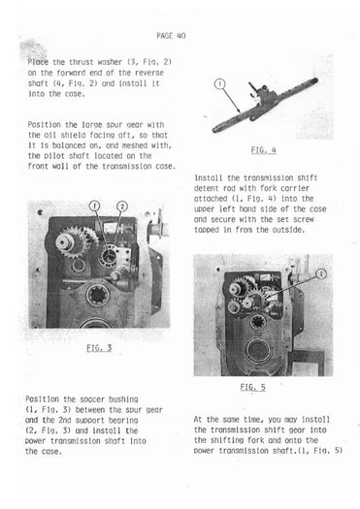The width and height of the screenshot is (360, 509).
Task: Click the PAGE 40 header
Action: (171, 35)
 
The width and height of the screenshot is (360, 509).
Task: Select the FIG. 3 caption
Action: (99, 348)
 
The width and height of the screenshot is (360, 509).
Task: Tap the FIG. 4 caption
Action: (264, 150)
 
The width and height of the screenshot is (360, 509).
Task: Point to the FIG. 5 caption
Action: (253, 387)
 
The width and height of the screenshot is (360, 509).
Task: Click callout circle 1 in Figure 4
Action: (220, 84)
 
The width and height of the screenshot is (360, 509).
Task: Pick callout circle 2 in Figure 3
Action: (122, 207)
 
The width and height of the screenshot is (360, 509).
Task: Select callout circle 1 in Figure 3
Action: (94, 206)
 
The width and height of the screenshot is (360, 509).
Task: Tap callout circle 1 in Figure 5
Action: (321, 274)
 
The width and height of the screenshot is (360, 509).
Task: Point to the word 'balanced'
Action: (69, 145)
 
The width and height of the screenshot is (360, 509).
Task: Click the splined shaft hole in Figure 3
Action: (98, 296)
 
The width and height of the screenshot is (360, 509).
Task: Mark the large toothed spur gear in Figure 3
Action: (77, 241)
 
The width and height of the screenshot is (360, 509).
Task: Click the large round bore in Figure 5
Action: (259, 350)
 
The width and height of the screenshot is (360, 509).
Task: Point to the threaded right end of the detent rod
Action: (313, 81)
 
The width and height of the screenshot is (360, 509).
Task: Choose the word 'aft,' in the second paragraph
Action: (130, 135)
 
